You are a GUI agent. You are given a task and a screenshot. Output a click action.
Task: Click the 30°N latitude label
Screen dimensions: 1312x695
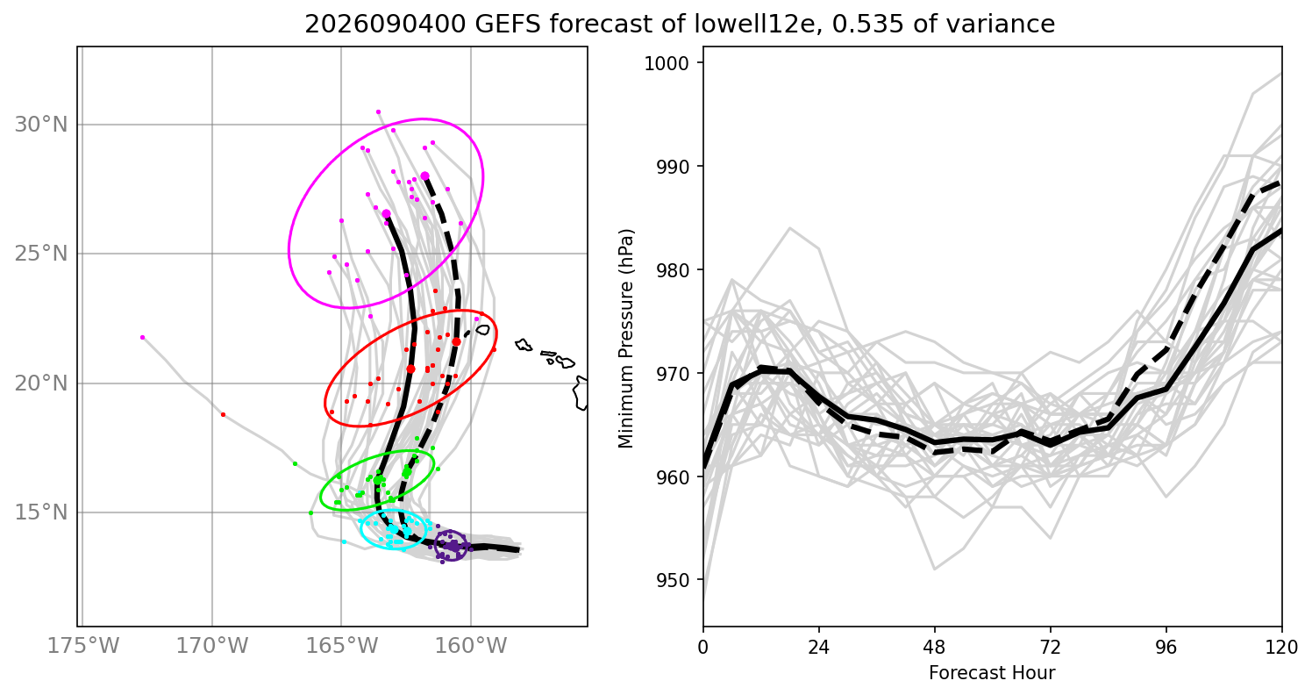coord(41,125)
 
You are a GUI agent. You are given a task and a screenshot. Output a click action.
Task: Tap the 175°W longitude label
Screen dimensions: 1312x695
coord(83,646)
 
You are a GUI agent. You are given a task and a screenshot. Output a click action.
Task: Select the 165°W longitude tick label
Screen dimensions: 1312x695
coord(342,646)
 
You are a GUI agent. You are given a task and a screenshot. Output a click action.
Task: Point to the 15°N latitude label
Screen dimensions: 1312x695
coord(41,512)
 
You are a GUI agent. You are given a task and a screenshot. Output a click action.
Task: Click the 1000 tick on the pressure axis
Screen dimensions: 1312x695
coord(667,63)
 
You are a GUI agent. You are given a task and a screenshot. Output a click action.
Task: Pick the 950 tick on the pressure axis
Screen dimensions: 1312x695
coord(673,580)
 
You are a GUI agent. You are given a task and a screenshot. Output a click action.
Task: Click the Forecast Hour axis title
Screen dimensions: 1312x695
coord(992,673)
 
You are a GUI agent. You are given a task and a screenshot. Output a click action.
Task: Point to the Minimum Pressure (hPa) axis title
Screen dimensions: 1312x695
coord(626,339)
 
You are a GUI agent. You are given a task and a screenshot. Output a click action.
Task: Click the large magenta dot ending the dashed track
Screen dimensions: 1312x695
coord(425,176)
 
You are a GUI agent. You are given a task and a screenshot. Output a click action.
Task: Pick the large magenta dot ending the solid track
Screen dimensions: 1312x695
coord(387,214)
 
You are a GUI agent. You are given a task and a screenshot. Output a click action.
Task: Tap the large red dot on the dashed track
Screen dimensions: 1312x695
coord(456,341)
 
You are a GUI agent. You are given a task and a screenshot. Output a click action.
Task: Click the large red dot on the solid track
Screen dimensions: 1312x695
coord(410,369)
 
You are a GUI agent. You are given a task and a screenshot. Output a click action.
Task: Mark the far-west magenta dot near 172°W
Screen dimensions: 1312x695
coord(142,338)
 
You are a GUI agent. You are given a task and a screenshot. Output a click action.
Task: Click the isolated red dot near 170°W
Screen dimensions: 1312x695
coord(223,415)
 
